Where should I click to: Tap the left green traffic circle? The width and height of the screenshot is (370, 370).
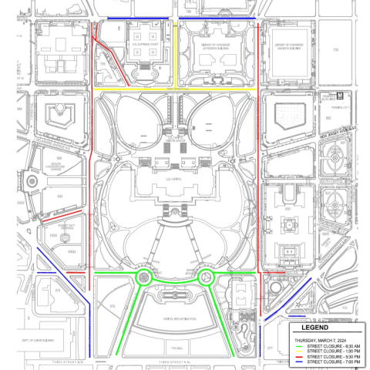click(143, 275)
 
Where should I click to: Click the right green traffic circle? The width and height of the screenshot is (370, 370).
click(206, 275)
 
